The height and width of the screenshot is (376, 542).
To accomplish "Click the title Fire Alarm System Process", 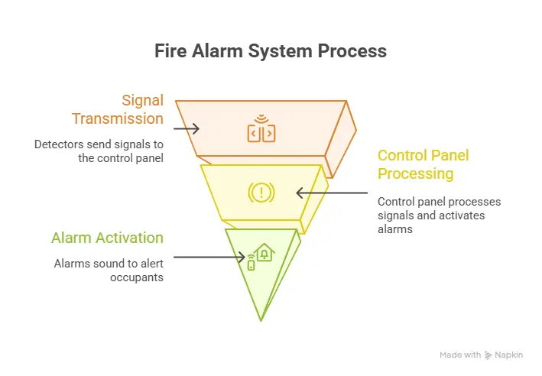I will click(x=271, y=51).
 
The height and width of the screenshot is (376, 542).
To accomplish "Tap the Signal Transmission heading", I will click(x=118, y=109).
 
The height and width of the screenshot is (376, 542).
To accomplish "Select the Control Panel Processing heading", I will click(x=424, y=164).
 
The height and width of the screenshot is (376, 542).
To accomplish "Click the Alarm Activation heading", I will click(x=107, y=238).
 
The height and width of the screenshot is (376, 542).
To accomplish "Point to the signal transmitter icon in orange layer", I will click(x=261, y=129).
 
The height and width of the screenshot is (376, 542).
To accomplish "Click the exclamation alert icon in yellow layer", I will click(x=261, y=192).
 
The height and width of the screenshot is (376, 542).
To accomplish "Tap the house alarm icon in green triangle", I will click(x=260, y=256).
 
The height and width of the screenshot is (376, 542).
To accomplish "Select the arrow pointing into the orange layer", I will click(x=187, y=128).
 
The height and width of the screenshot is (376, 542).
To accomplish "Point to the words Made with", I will click(x=460, y=355).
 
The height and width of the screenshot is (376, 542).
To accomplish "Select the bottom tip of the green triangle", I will click(x=261, y=319).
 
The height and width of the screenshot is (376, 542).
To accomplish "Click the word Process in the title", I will click(x=355, y=51).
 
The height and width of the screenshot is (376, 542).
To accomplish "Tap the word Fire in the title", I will click(x=172, y=51).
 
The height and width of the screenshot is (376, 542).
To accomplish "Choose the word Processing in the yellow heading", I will click(x=415, y=173).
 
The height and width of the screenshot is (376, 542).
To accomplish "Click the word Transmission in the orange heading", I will click(x=118, y=118).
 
